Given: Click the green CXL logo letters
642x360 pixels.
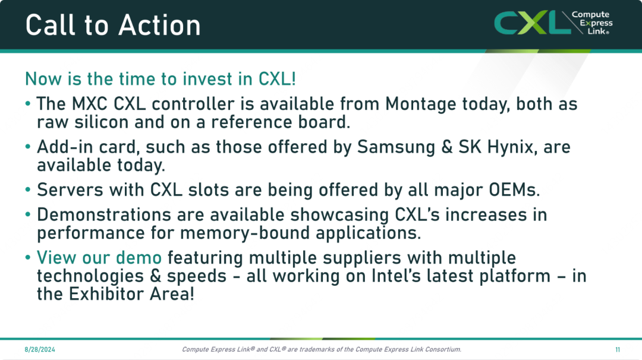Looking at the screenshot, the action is coord(532,23).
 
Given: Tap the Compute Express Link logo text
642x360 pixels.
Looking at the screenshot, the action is coord(592,23).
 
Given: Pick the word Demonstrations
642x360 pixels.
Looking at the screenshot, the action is coord(104,215).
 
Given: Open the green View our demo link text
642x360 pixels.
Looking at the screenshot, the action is coord(99,258).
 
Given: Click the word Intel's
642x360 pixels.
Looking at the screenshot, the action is coord(396,276).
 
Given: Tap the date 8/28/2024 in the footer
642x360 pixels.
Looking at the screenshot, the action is coord(40,349).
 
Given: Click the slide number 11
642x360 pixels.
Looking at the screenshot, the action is coord(618,349).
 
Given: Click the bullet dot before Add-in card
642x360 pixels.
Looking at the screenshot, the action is coord(28,147).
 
